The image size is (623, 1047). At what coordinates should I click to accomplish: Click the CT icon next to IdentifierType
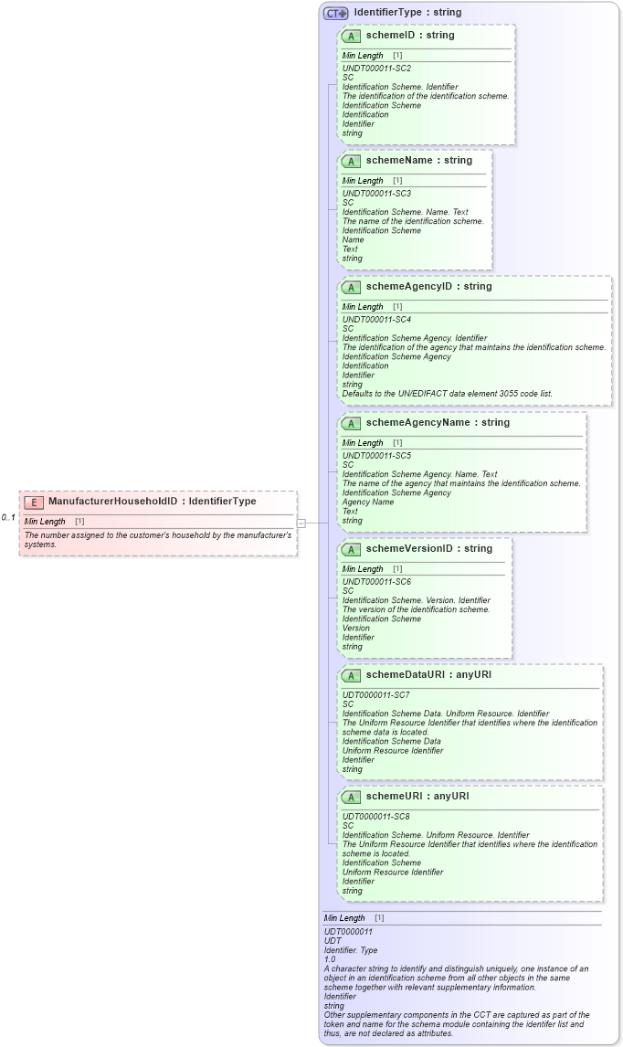tap(336, 13)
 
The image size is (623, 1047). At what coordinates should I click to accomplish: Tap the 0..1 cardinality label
tap(8, 518)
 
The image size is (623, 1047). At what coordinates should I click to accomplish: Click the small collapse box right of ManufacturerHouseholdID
tap(301, 523)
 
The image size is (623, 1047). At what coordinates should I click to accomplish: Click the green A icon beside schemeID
tap(352, 36)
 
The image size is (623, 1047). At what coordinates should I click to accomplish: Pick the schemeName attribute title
tap(419, 161)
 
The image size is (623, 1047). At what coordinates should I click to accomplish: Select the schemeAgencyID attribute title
tap(428, 287)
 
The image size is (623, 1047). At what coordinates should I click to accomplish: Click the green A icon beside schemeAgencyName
tap(352, 423)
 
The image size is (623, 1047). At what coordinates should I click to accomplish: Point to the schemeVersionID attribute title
tap(428, 549)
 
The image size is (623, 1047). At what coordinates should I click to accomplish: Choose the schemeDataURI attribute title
tap(428, 675)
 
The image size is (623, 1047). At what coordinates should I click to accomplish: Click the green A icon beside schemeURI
tap(352, 797)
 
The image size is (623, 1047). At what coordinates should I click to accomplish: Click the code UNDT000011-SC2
tap(376, 69)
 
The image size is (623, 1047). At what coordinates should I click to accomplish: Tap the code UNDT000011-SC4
tap(376, 320)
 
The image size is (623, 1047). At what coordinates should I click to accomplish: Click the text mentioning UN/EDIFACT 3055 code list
tap(447, 394)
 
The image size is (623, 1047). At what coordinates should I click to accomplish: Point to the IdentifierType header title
tap(407, 13)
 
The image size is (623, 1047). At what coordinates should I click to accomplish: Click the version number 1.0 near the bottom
tap(330, 959)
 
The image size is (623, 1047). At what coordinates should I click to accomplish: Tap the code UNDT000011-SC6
tap(376, 582)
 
